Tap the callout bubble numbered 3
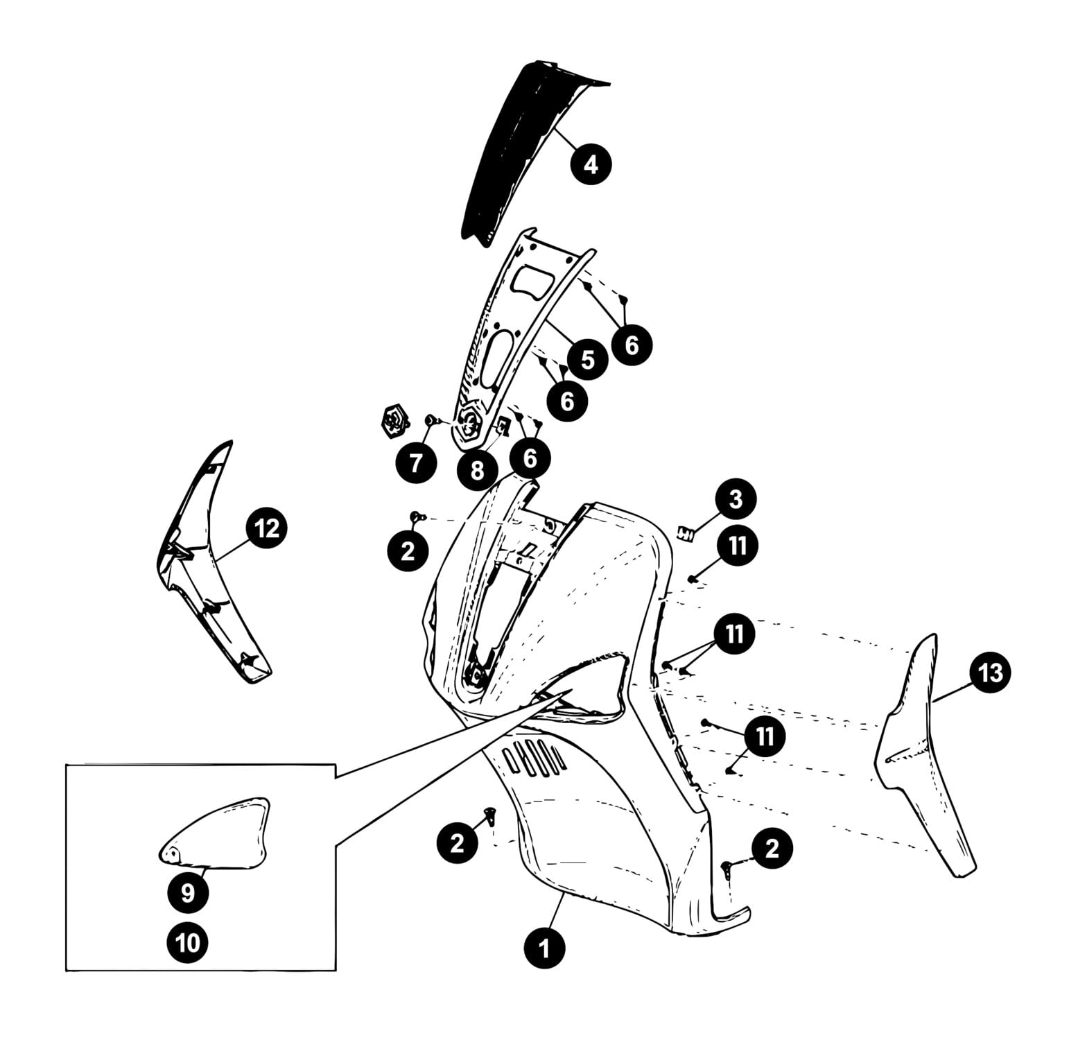(x=736, y=499)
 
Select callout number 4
(x=590, y=165)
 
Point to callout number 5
(x=587, y=360)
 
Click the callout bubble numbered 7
(x=415, y=463)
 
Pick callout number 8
(x=477, y=471)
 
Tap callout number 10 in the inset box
(x=188, y=942)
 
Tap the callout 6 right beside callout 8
(x=530, y=458)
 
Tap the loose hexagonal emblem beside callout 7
(x=394, y=421)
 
